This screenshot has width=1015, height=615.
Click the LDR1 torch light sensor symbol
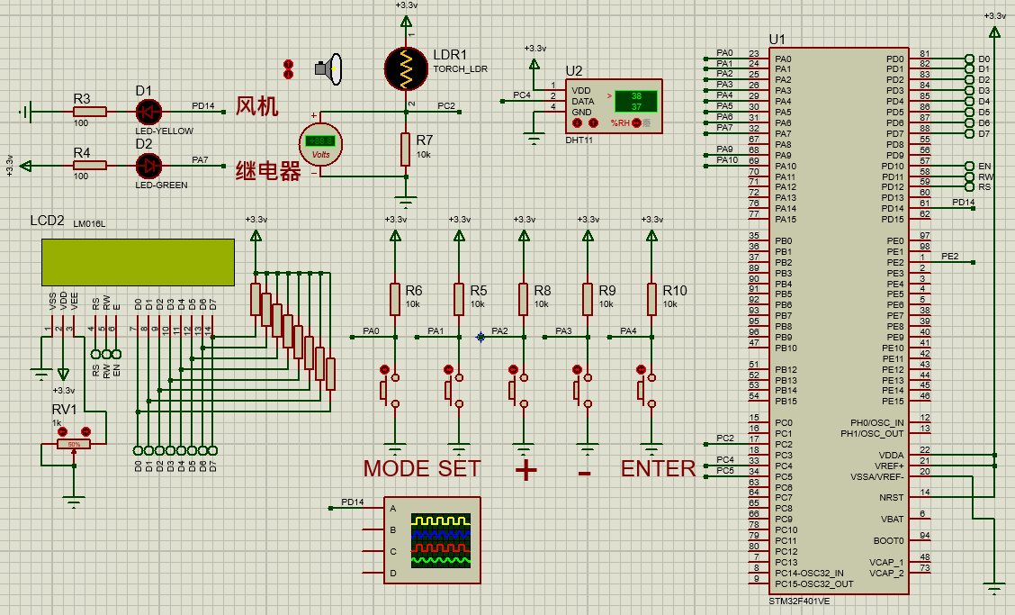click(406, 68)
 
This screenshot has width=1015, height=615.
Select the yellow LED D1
click(148, 112)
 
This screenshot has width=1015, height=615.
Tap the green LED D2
click(148, 165)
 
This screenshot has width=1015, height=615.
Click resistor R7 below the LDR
click(406, 149)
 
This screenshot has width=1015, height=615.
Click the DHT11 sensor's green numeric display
click(635, 101)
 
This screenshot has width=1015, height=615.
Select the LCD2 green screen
click(138, 260)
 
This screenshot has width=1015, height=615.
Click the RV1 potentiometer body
click(74, 444)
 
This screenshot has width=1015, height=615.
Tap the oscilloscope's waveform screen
click(441, 540)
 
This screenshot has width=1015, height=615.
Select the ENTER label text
click(658, 469)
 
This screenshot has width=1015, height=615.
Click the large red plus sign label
click(525, 470)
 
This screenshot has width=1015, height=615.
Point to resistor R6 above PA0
click(394, 298)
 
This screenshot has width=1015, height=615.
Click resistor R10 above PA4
click(652, 298)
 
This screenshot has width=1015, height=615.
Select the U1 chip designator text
click(777, 41)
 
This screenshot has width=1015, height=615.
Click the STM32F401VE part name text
click(799, 601)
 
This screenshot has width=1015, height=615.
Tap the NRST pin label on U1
click(891, 497)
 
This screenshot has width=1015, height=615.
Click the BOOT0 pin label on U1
click(887, 540)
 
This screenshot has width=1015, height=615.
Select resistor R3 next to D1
click(90, 112)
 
